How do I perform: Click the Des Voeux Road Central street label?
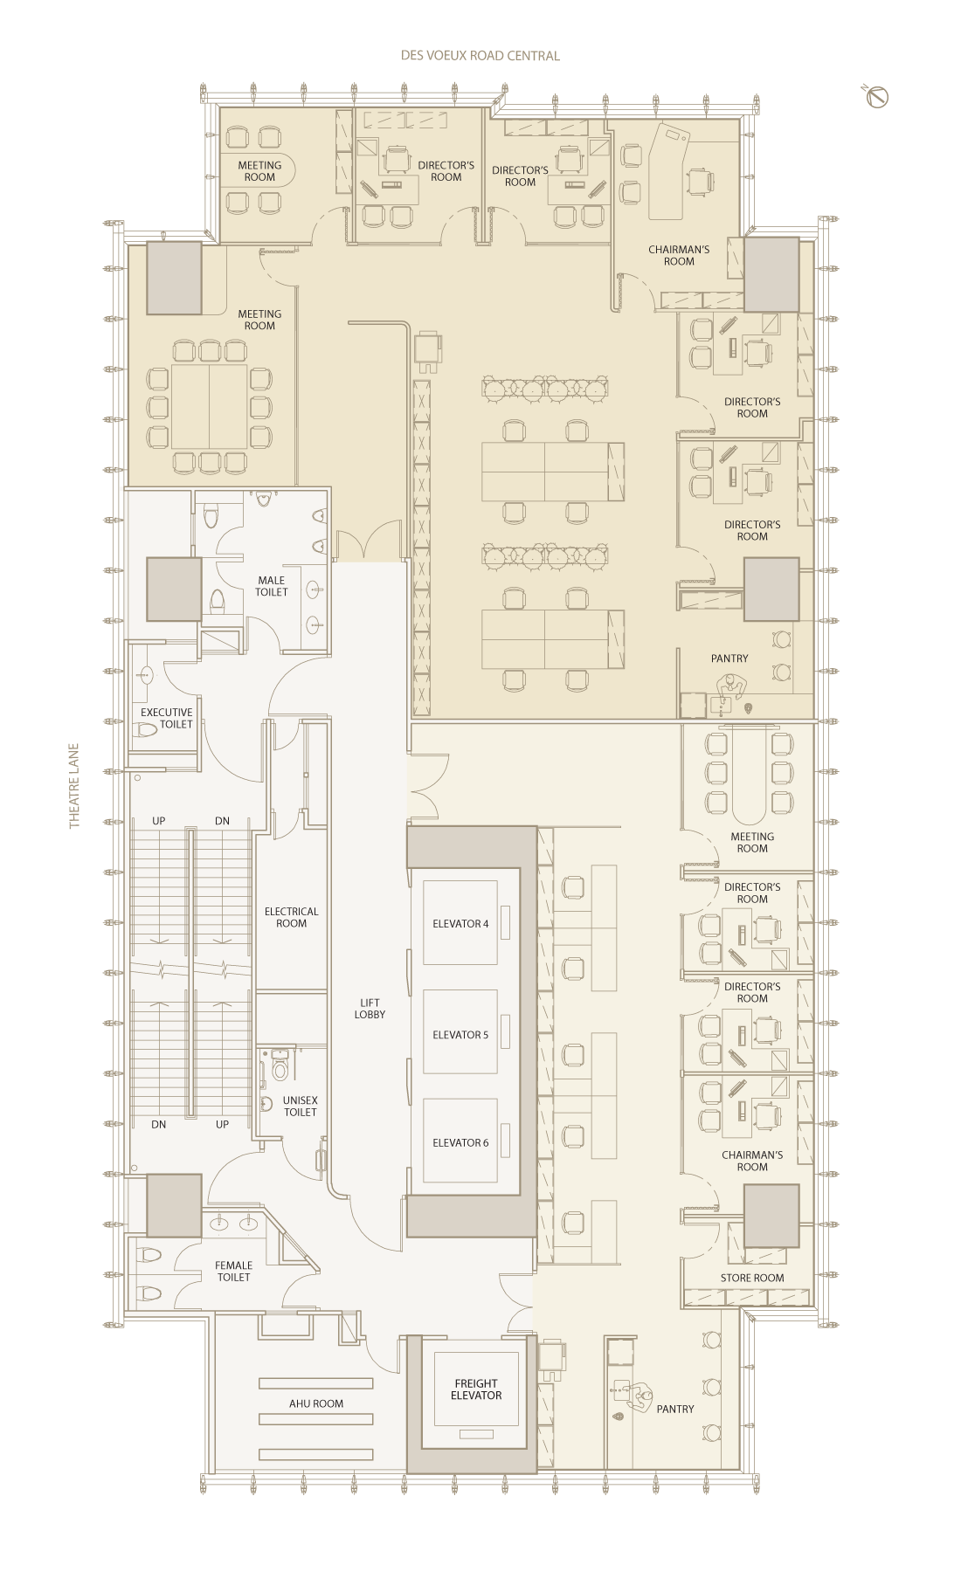[x=480, y=56]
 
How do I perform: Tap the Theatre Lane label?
[x=74, y=786]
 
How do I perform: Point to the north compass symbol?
[x=877, y=97]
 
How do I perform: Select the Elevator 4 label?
[x=460, y=924]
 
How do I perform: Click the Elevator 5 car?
[x=460, y=1031]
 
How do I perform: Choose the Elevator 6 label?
[x=460, y=1143]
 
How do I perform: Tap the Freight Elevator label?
[x=476, y=1389]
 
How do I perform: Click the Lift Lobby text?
[x=370, y=1009]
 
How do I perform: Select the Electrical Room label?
[x=292, y=917]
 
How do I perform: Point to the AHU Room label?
[x=316, y=1403]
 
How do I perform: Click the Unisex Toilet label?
[x=301, y=1107]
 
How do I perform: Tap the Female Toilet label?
[x=233, y=1271]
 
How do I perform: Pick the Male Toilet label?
[x=272, y=586]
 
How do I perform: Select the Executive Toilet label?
[x=167, y=718]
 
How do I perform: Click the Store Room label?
[x=752, y=1278]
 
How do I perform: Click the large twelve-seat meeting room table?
[x=210, y=407]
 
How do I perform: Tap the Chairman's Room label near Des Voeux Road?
[x=679, y=255]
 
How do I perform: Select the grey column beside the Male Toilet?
[x=174, y=589]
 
